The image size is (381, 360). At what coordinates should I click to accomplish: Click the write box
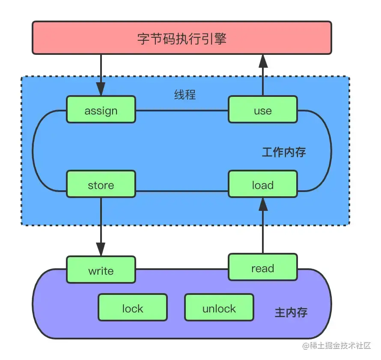coord(101,270)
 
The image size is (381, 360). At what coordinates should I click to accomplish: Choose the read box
coord(262,268)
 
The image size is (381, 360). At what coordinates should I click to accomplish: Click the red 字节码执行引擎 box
coord(182,39)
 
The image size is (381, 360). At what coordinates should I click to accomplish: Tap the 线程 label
coord(185,94)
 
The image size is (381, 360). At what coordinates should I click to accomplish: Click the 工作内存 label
coord(284,152)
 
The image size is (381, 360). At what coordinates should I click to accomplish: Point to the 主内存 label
coord(291,312)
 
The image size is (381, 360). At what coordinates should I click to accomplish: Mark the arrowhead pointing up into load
coord(263,205)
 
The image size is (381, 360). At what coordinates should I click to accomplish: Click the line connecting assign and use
coord(182,110)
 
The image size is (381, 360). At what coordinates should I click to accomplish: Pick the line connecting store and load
coord(182,190)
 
